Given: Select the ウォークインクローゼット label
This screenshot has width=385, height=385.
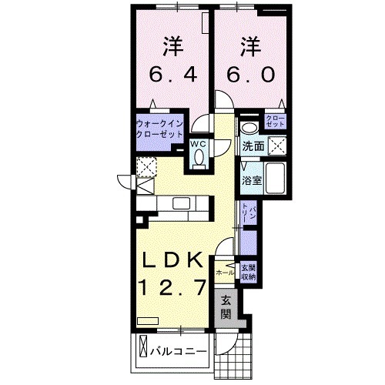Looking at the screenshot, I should coord(159,127).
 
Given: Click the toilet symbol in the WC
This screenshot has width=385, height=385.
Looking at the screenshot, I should coord(199,157).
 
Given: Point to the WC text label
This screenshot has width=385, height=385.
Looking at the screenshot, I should coord(199,142).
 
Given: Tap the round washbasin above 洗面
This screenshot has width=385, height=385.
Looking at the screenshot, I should coord(249,127).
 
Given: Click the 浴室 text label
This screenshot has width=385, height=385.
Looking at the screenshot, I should coord(251,182).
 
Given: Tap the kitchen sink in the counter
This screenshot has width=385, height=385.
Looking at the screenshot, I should coord(182,203).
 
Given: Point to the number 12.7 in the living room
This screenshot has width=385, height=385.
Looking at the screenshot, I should coord(172,290).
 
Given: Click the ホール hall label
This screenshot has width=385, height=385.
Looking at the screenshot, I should coord(226,273).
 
